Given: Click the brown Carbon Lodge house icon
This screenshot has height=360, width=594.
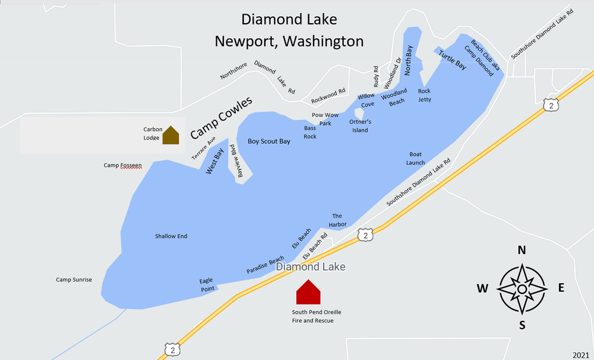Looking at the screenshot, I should [x=170, y=135].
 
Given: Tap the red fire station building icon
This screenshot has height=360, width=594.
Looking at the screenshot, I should [x=308, y=292].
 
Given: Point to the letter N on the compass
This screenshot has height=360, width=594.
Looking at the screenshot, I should [x=522, y=250].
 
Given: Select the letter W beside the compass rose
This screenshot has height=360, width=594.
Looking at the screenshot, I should [x=482, y=289].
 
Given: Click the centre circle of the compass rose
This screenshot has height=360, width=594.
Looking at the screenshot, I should [x=522, y=289].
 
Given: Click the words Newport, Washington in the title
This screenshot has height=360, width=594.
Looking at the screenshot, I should [x=289, y=41].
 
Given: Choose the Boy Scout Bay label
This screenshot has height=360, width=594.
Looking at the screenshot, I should [x=269, y=141].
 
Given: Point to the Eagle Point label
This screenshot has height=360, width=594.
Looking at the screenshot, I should [x=207, y=285].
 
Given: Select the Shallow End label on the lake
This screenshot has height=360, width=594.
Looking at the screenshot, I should [x=171, y=236].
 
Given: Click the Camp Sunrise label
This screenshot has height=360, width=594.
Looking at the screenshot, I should [x=74, y=280].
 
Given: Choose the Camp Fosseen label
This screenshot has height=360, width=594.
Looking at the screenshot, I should [x=123, y=165].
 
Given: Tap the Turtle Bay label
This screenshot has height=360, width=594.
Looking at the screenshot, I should [x=452, y=61].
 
